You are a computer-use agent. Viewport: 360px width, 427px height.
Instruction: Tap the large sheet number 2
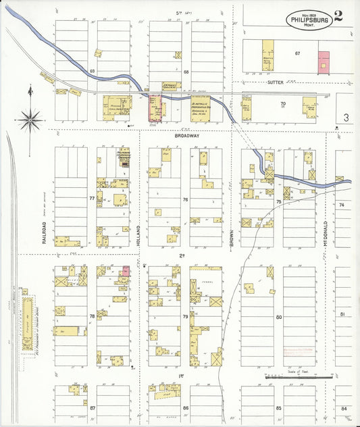click(338, 16)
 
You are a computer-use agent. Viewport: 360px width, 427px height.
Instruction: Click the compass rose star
click(30, 122)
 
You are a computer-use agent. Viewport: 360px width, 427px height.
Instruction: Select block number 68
click(185, 70)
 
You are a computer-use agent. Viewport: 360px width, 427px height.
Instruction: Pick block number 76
click(185, 200)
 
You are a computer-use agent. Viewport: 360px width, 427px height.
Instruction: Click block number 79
click(185, 316)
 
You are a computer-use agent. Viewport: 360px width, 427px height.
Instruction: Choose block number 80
click(278, 316)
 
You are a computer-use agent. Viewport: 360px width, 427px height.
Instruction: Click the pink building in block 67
click(324, 63)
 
